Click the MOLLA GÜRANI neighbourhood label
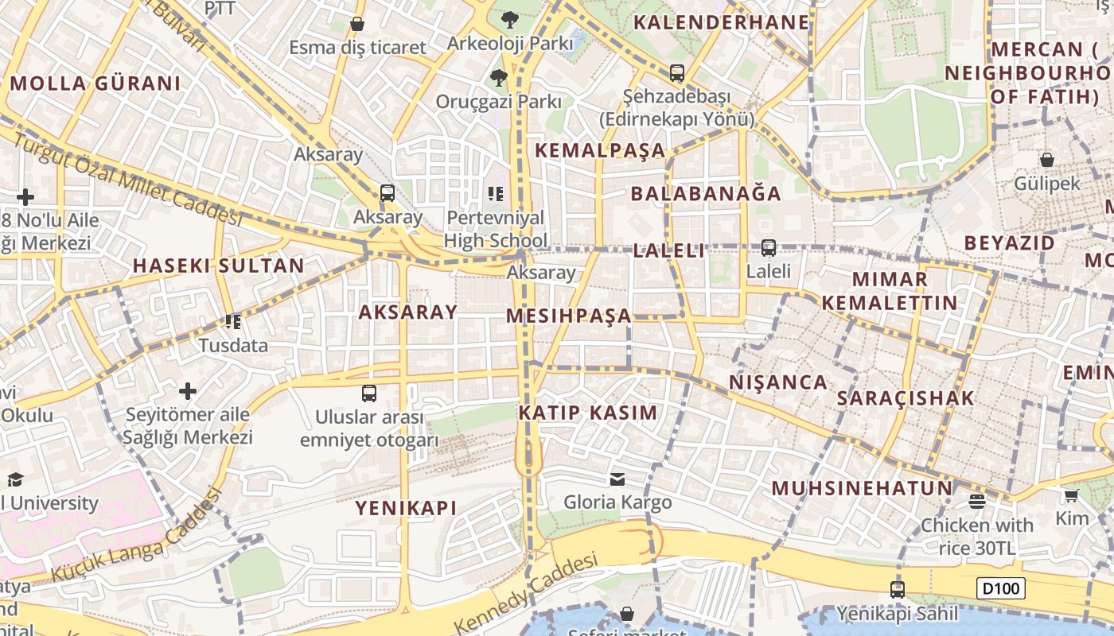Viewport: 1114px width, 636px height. click(95, 83)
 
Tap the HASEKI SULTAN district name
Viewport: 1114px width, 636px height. click(218, 266)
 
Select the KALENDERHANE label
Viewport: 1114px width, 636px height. click(722, 22)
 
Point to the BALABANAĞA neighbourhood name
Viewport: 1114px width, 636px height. click(706, 193)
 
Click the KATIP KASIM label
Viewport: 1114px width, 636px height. click(588, 413)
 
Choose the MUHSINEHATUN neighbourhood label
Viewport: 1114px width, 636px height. click(862, 488)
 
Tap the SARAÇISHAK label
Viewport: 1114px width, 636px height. click(906, 398)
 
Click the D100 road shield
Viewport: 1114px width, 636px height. click(1000, 589)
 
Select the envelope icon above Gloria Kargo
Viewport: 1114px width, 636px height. click(617, 479)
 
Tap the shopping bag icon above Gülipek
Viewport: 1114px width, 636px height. click(1046, 160)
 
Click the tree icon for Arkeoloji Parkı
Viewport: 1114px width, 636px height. click(509, 19)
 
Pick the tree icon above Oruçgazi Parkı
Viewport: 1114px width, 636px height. click(498, 77)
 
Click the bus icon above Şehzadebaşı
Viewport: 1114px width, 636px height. click(676, 73)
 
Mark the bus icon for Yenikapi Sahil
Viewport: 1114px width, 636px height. click(897, 590)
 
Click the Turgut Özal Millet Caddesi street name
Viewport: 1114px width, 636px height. click(127, 179)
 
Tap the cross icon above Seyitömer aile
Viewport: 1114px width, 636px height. click(188, 391)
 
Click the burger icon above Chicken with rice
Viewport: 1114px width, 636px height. click(977, 502)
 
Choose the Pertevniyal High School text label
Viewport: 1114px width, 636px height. click(495, 229)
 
